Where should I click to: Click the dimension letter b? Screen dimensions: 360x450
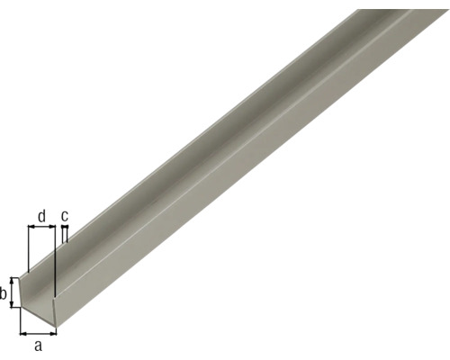4,293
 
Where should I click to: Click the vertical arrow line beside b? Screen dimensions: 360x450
13,293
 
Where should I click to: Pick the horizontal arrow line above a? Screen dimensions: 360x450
36,333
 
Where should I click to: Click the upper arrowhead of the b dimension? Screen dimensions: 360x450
13,280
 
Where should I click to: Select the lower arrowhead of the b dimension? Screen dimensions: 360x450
13,307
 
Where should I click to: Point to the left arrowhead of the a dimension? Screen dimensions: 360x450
22,333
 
